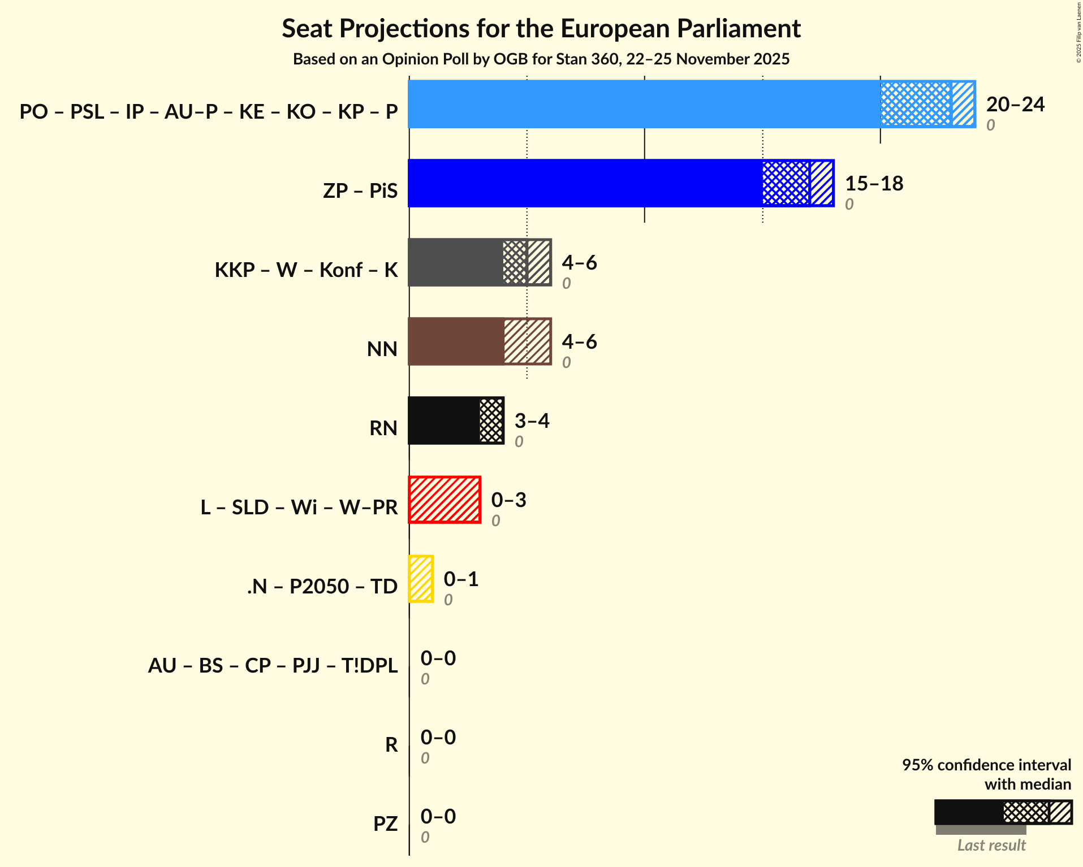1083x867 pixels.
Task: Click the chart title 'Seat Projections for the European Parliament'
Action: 541,28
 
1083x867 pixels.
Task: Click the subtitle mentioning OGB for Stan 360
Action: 541,59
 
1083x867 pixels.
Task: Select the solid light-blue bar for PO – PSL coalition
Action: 644,104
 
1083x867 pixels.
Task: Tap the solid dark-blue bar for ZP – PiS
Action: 585,183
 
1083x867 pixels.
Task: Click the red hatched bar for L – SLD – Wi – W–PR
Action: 445,500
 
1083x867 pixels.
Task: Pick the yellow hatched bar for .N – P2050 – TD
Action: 421,579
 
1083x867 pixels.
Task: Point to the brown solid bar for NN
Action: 456,341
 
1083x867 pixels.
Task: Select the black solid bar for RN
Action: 444,421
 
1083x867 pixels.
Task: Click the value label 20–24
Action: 1015,105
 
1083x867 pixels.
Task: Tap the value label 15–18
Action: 874,184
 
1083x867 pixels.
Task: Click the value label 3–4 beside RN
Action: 532,421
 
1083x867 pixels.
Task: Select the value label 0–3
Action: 508,500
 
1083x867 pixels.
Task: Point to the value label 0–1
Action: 461,579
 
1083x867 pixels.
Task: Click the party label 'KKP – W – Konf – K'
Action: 306,270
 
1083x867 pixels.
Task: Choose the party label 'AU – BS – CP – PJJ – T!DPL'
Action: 273,666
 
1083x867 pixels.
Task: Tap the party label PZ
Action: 385,824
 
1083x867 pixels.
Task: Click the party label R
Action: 391,745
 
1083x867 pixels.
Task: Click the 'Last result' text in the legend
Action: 991,846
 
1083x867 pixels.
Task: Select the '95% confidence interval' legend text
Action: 986,765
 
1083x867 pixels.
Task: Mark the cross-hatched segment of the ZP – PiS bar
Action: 786,183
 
